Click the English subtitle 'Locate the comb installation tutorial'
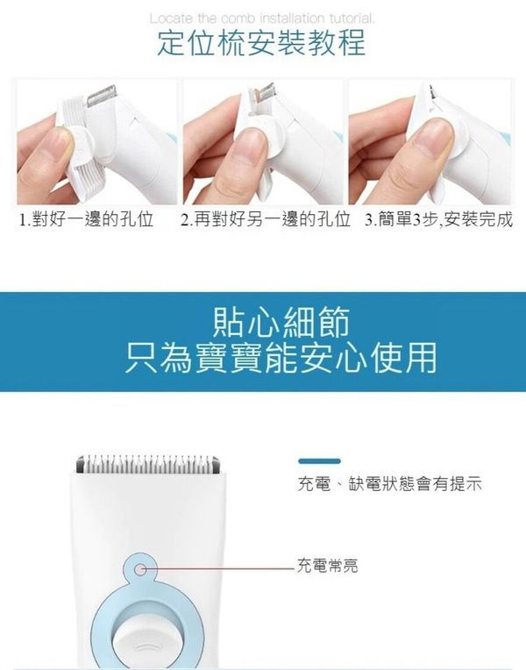pos(262,18)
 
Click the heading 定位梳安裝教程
pos(261,43)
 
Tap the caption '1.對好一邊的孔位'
pos(86,219)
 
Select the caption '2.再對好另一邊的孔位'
pos(265,219)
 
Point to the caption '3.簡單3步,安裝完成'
pos(438,219)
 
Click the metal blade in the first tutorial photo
pos(103,97)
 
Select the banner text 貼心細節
pos(281,323)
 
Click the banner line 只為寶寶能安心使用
pos(281,358)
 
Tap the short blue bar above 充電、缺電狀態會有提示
pos(319,461)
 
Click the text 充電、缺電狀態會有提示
pos(390,484)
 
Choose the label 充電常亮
pos(327,566)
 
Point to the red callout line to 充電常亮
pos(218,569)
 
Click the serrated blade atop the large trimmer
pos(148,464)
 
